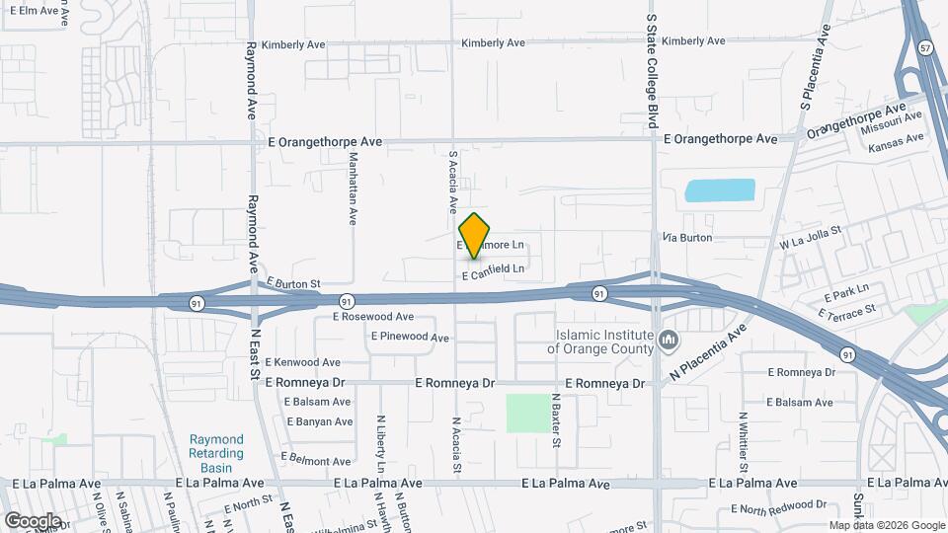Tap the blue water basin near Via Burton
click(721, 190)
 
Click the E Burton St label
click(293, 284)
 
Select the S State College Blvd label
click(652, 69)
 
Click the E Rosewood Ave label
click(373, 317)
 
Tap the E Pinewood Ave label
click(411, 338)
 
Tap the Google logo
click(33, 521)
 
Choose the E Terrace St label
click(848, 311)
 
